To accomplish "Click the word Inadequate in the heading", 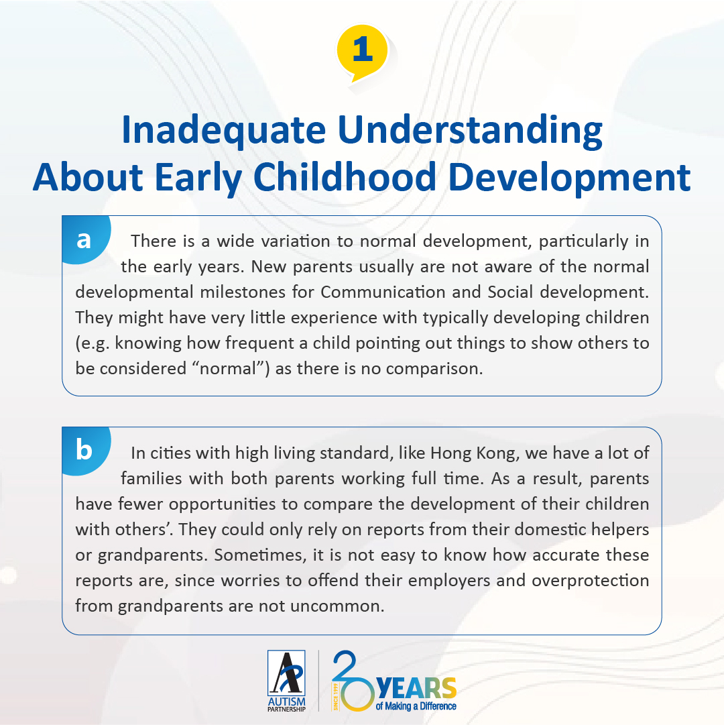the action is [x=224, y=130].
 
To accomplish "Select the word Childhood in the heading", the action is [x=345, y=176].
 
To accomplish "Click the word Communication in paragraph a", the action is [x=383, y=292].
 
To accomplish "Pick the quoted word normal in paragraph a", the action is [x=228, y=368].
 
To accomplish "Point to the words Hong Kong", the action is [x=473, y=453].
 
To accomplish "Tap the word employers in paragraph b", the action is [x=448, y=581].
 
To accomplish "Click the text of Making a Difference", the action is [x=416, y=706].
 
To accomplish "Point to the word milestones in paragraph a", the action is [x=243, y=292].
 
